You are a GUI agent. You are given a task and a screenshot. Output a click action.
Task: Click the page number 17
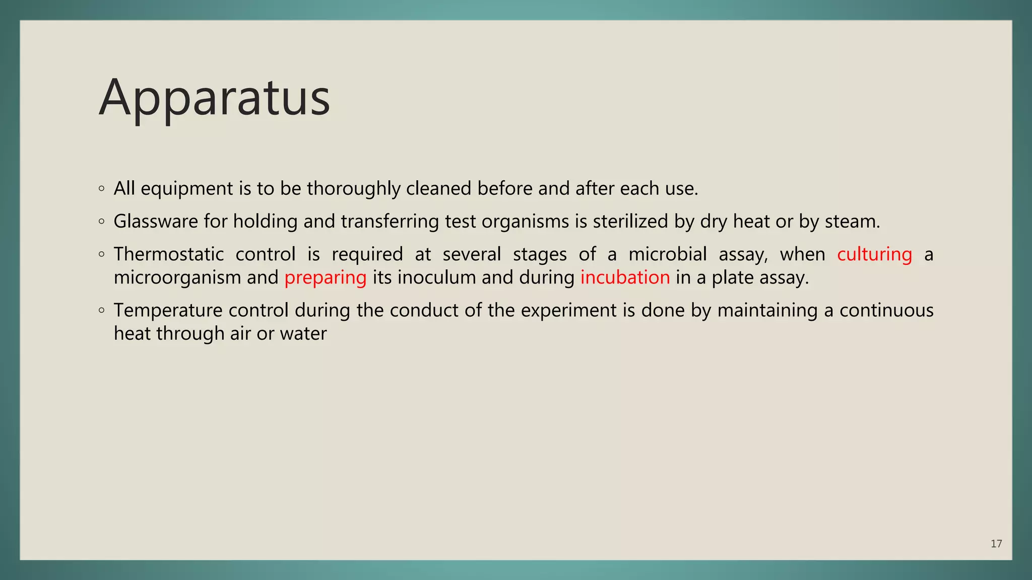tap(996, 544)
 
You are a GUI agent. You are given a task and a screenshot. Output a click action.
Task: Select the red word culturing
tap(874, 254)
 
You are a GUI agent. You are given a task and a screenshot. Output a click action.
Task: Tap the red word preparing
tap(325, 278)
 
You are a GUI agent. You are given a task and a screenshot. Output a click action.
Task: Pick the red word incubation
tap(625, 277)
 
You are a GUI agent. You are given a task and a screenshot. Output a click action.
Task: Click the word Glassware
tap(156, 222)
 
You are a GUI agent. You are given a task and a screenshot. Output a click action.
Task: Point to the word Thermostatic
tap(169, 254)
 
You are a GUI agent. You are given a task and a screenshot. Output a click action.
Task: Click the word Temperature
tap(168, 311)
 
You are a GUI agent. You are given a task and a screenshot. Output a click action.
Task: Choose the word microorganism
tap(177, 277)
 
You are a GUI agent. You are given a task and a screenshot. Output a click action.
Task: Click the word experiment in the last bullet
tap(568, 311)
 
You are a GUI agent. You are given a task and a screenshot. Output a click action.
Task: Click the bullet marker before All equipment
tap(102, 189)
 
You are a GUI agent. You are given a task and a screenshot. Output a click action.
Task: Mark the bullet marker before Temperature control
tap(102, 311)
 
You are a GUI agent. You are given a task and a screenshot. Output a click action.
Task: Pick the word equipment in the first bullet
tap(187, 189)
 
